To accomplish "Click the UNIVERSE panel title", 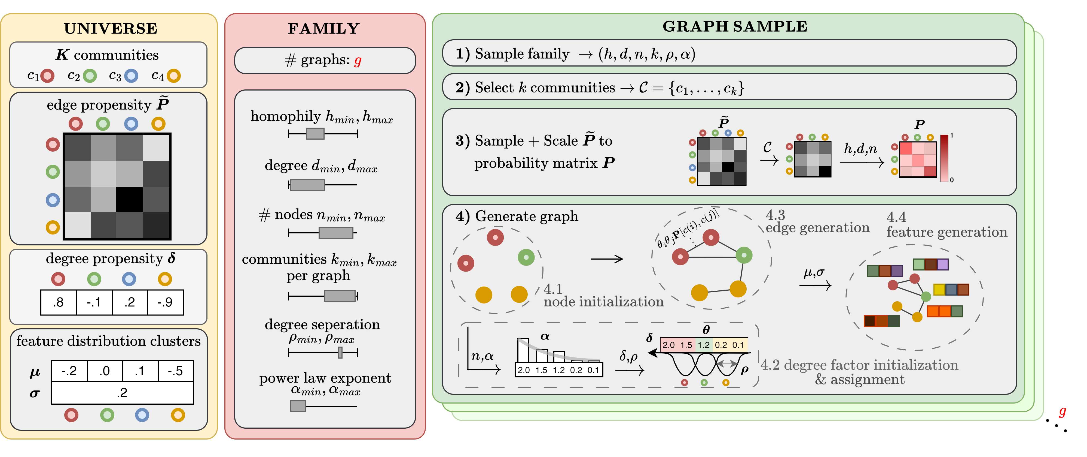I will click(x=111, y=28).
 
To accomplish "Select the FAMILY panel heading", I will click(x=324, y=28).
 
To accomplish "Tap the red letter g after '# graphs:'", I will click(x=358, y=61).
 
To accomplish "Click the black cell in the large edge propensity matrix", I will click(x=130, y=199).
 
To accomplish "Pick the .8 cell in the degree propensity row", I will click(x=59, y=302).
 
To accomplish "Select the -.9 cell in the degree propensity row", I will click(x=165, y=302).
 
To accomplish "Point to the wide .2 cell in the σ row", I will click(x=122, y=393).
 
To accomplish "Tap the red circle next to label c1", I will click(x=47, y=76).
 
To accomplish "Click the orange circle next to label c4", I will click(x=173, y=76).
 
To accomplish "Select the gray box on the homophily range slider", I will click(x=315, y=134).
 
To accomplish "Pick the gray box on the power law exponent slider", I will click(x=298, y=406).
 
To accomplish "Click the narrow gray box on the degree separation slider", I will click(x=340, y=352).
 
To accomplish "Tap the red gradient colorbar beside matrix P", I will click(x=944, y=158).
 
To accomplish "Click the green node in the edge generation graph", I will click(x=744, y=255).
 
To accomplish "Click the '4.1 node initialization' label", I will click(x=603, y=296).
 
